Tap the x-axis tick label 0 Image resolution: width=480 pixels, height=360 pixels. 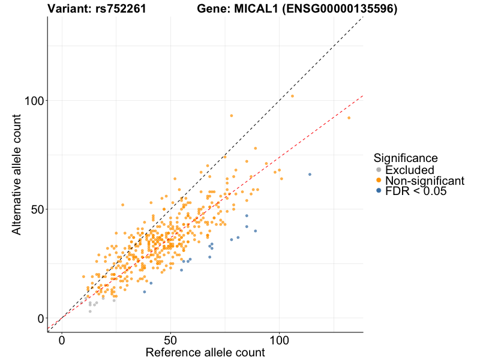[62, 340]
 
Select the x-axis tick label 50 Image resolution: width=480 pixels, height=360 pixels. [170, 340]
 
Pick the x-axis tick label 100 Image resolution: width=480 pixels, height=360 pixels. [279, 340]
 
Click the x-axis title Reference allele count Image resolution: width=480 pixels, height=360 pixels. [205, 353]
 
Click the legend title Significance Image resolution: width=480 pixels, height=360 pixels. [405, 158]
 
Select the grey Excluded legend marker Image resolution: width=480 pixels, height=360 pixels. [378, 170]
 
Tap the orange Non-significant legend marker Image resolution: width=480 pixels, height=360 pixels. [378, 181]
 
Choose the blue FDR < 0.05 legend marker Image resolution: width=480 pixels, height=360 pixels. [378, 191]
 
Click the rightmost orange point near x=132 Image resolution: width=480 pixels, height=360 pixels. [349, 118]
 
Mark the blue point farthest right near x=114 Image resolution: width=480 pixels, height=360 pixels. [310, 174]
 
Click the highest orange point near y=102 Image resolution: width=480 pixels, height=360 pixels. [292, 96]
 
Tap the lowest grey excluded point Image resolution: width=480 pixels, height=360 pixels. [90, 311]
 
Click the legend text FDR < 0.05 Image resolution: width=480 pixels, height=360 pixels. [416, 191]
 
